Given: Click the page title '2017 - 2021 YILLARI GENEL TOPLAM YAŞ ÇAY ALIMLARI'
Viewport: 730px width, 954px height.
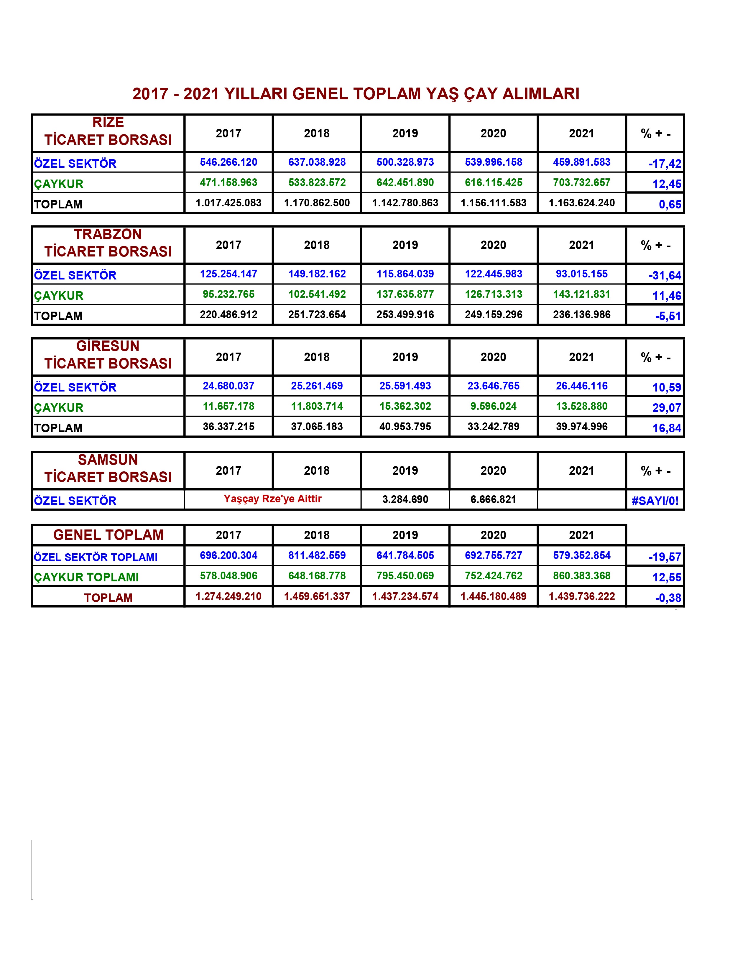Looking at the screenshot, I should pyautogui.click(x=356, y=94).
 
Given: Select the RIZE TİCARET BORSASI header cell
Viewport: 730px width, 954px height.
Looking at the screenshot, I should pyautogui.click(x=108, y=131).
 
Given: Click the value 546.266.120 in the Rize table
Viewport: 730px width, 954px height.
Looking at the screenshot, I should pyautogui.click(x=228, y=162).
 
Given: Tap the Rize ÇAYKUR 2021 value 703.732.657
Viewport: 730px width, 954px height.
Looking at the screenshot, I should pyautogui.click(x=581, y=182).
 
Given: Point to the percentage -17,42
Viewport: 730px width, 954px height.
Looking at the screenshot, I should pyautogui.click(x=665, y=164).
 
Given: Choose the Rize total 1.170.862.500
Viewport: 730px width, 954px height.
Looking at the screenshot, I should pyautogui.click(x=317, y=203).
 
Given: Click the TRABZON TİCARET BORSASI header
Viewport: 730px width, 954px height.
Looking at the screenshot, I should pyautogui.click(x=108, y=243).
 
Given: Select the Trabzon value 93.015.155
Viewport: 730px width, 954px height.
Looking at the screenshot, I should pyautogui.click(x=581, y=274).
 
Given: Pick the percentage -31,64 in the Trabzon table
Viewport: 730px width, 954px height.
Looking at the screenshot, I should pyautogui.click(x=665, y=275).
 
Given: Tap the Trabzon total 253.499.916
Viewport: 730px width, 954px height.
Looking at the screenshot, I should pyautogui.click(x=405, y=315).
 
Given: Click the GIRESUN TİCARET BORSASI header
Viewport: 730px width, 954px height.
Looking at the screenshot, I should pyautogui.click(x=108, y=355).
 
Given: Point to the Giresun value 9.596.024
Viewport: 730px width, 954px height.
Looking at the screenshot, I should pyautogui.click(x=493, y=406).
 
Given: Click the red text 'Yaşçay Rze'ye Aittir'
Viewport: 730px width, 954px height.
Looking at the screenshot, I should pyautogui.click(x=272, y=499).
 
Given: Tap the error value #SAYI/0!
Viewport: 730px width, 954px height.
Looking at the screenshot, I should pyautogui.click(x=655, y=501).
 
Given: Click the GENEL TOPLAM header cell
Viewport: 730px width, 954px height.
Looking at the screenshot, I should pyautogui.click(x=108, y=535).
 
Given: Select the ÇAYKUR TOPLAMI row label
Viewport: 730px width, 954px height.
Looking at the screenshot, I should pyautogui.click(x=86, y=577).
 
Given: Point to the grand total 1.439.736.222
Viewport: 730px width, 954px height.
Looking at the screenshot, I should pyautogui.click(x=581, y=596).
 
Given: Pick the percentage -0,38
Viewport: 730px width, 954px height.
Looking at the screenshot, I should pyautogui.click(x=668, y=598).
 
